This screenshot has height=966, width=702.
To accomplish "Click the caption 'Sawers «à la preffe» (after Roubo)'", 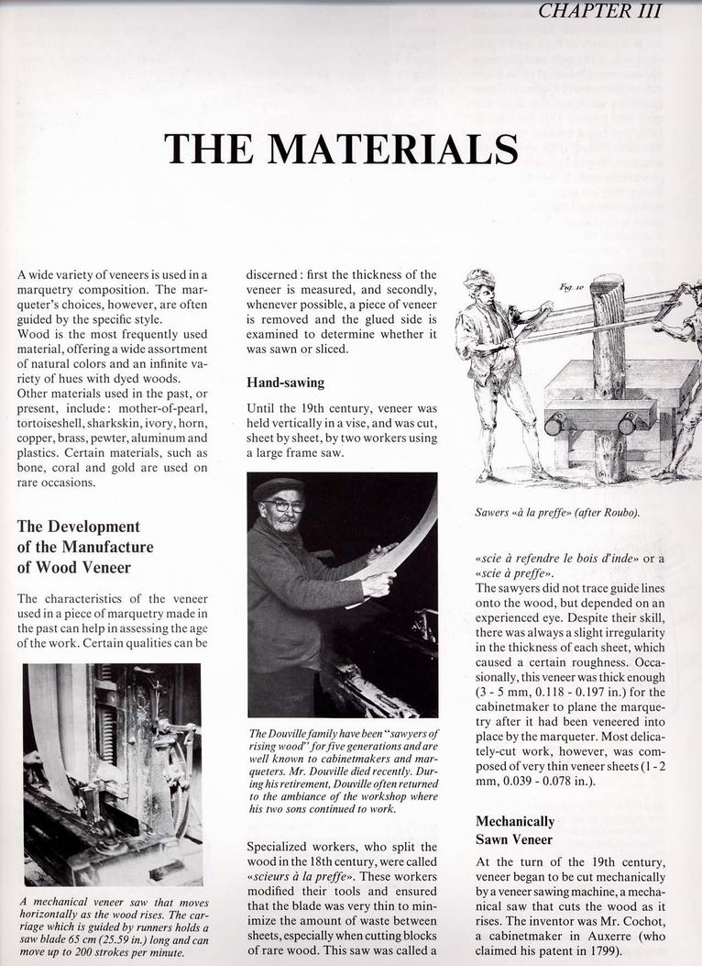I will click(x=556, y=513).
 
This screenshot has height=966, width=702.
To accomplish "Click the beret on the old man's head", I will click(x=278, y=487).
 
